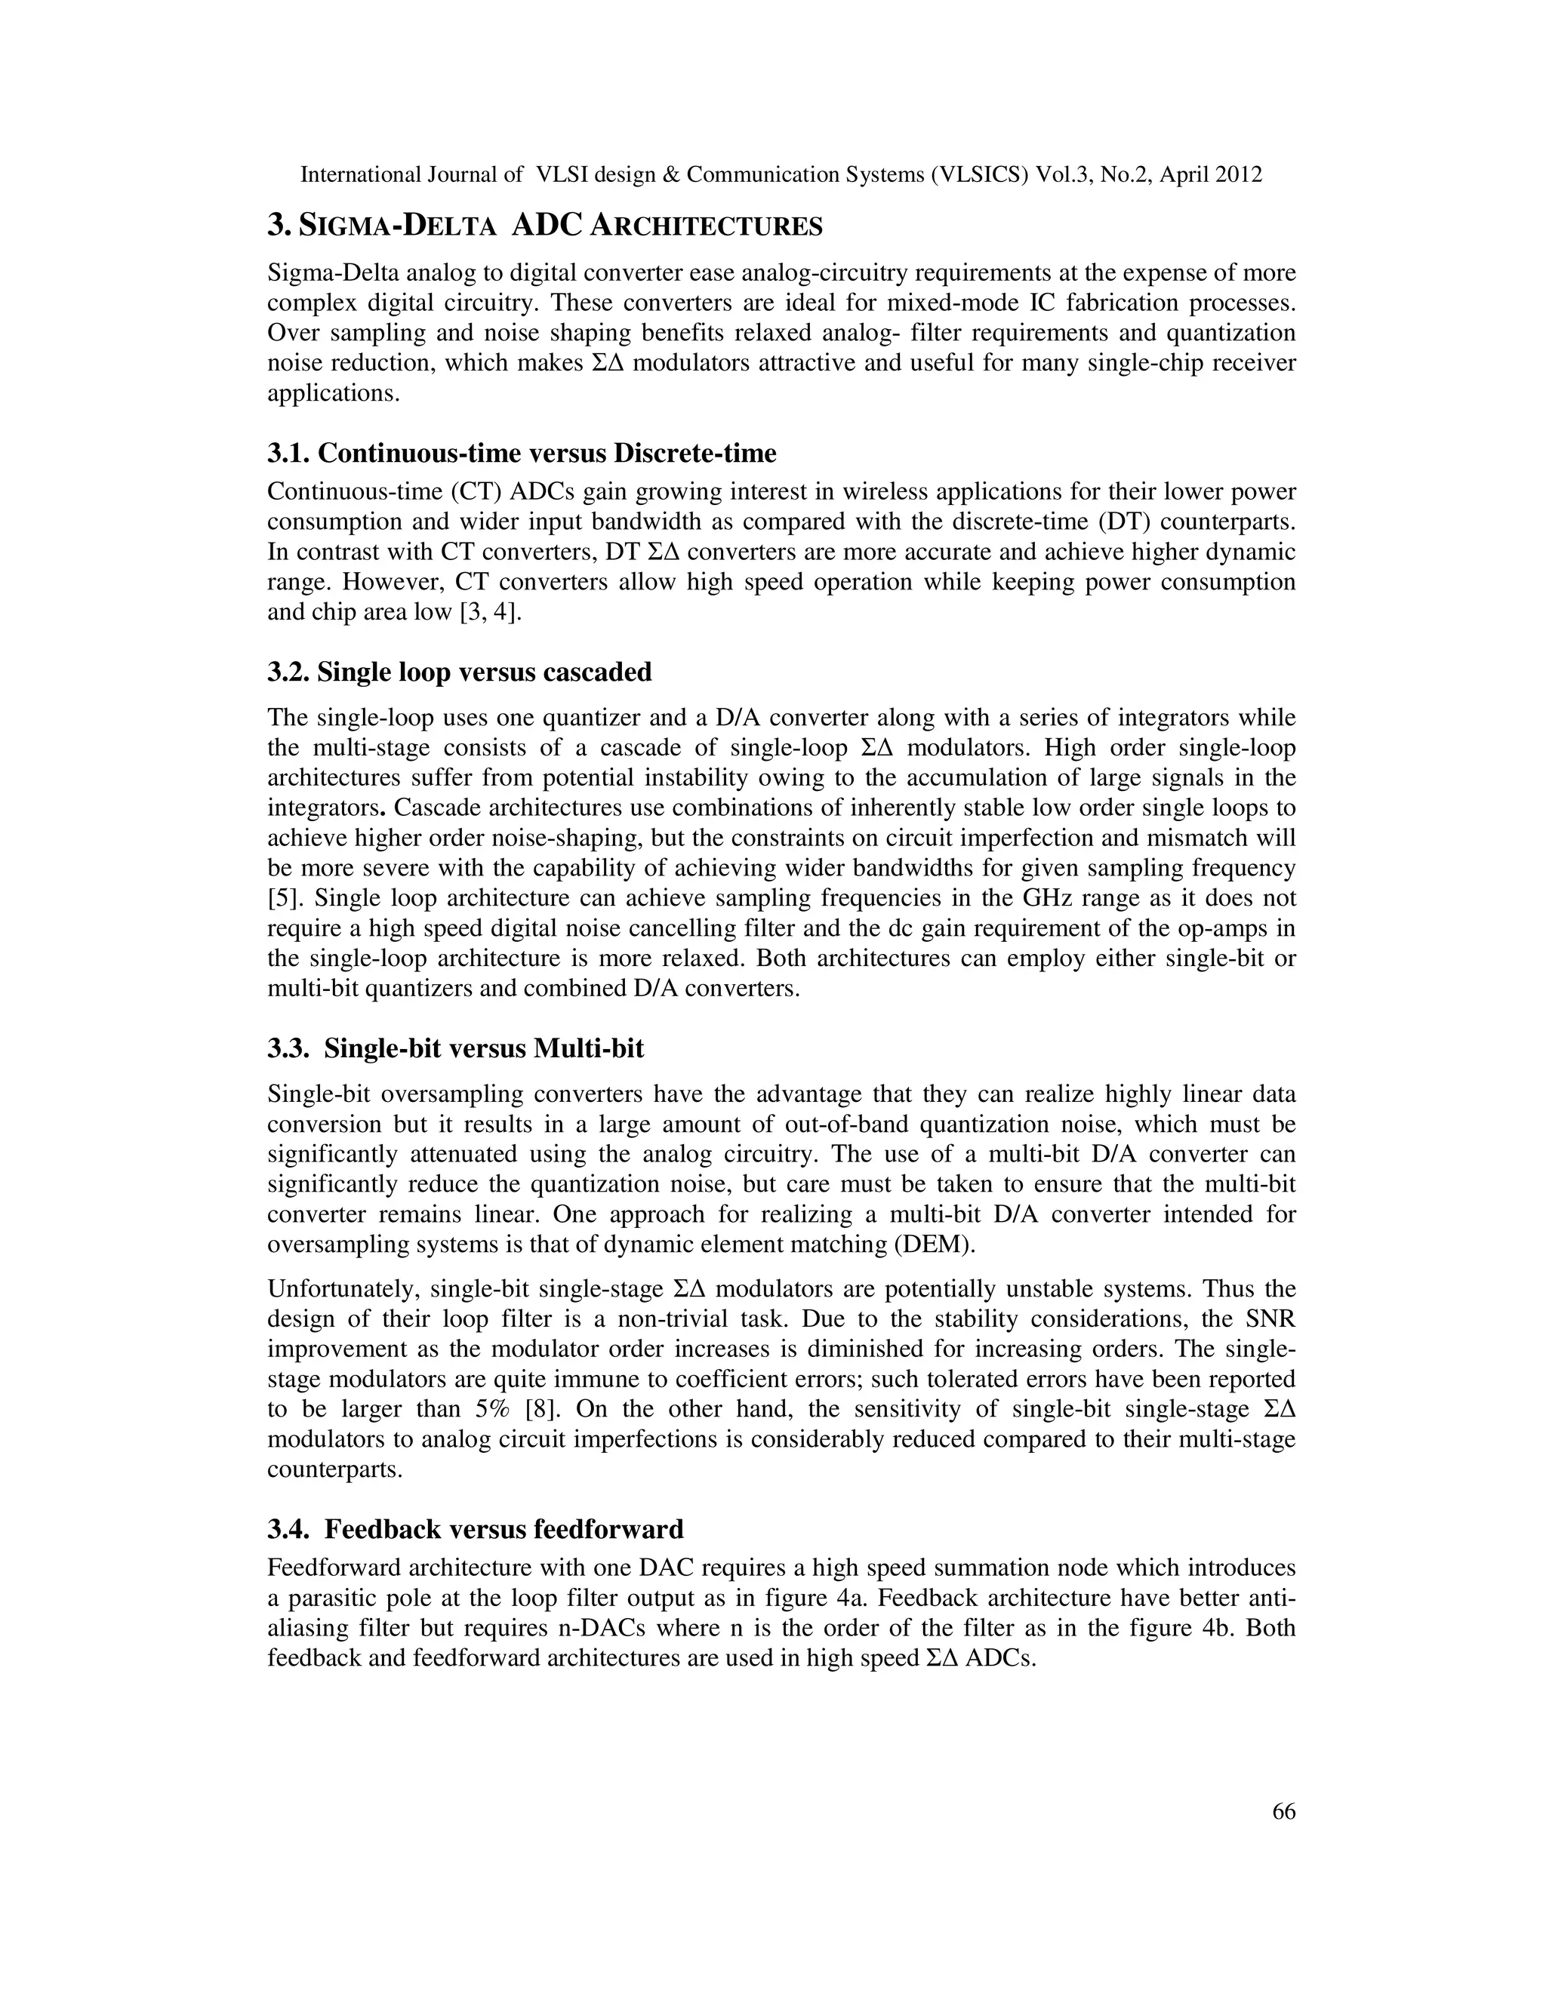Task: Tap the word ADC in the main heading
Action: click(546, 225)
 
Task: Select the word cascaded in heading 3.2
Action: click(597, 672)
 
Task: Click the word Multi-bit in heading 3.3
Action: click(588, 1048)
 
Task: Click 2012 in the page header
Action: click(1240, 175)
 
